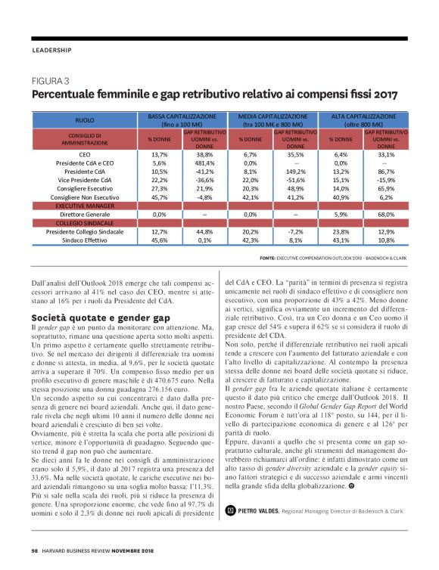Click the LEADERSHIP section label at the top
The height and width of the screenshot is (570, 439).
[51, 51]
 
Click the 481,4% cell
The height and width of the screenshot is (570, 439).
[204, 163]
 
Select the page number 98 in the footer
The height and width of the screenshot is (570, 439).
[35, 550]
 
